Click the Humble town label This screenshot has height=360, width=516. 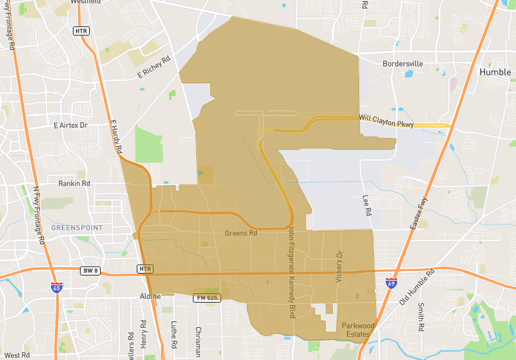[x=495, y=72]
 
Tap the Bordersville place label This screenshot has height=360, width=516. [x=402, y=65]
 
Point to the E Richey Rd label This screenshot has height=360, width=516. [x=154, y=67]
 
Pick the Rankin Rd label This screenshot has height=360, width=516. [x=74, y=183]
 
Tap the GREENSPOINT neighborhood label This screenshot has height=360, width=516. [x=77, y=228]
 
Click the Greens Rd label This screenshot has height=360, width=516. [x=241, y=233]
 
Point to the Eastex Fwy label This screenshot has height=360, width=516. [x=419, y=214]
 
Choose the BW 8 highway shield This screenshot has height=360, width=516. [x=89, y=270]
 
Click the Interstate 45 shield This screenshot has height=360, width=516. [x=57, y=288]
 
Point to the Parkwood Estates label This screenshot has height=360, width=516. [x=357, y=329]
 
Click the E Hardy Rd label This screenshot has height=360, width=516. [x=116, y=135]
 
